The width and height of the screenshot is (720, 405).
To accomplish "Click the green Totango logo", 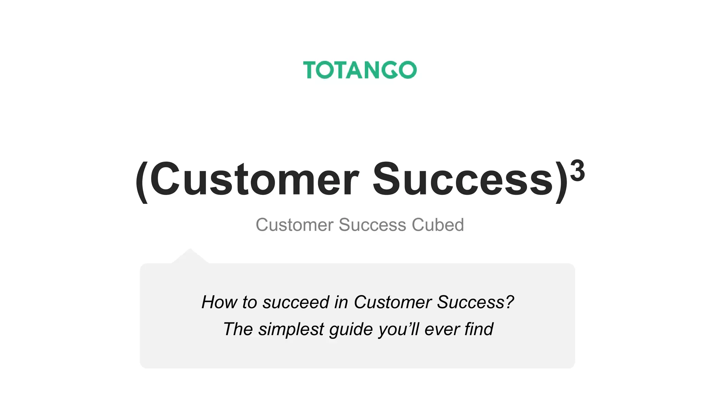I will (360, 70).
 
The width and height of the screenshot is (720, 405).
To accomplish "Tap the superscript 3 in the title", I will (577, 171).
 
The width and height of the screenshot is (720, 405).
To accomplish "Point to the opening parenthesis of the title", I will (142, 181).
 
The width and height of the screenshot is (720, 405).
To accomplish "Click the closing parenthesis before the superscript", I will (561, 181).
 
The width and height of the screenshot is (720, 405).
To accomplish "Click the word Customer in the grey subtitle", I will (294, 225).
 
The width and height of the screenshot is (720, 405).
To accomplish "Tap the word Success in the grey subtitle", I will (372, 225).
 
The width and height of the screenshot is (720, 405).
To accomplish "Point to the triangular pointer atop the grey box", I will (190, 257).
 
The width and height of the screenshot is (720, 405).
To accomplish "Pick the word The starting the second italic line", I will (238, 329).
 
